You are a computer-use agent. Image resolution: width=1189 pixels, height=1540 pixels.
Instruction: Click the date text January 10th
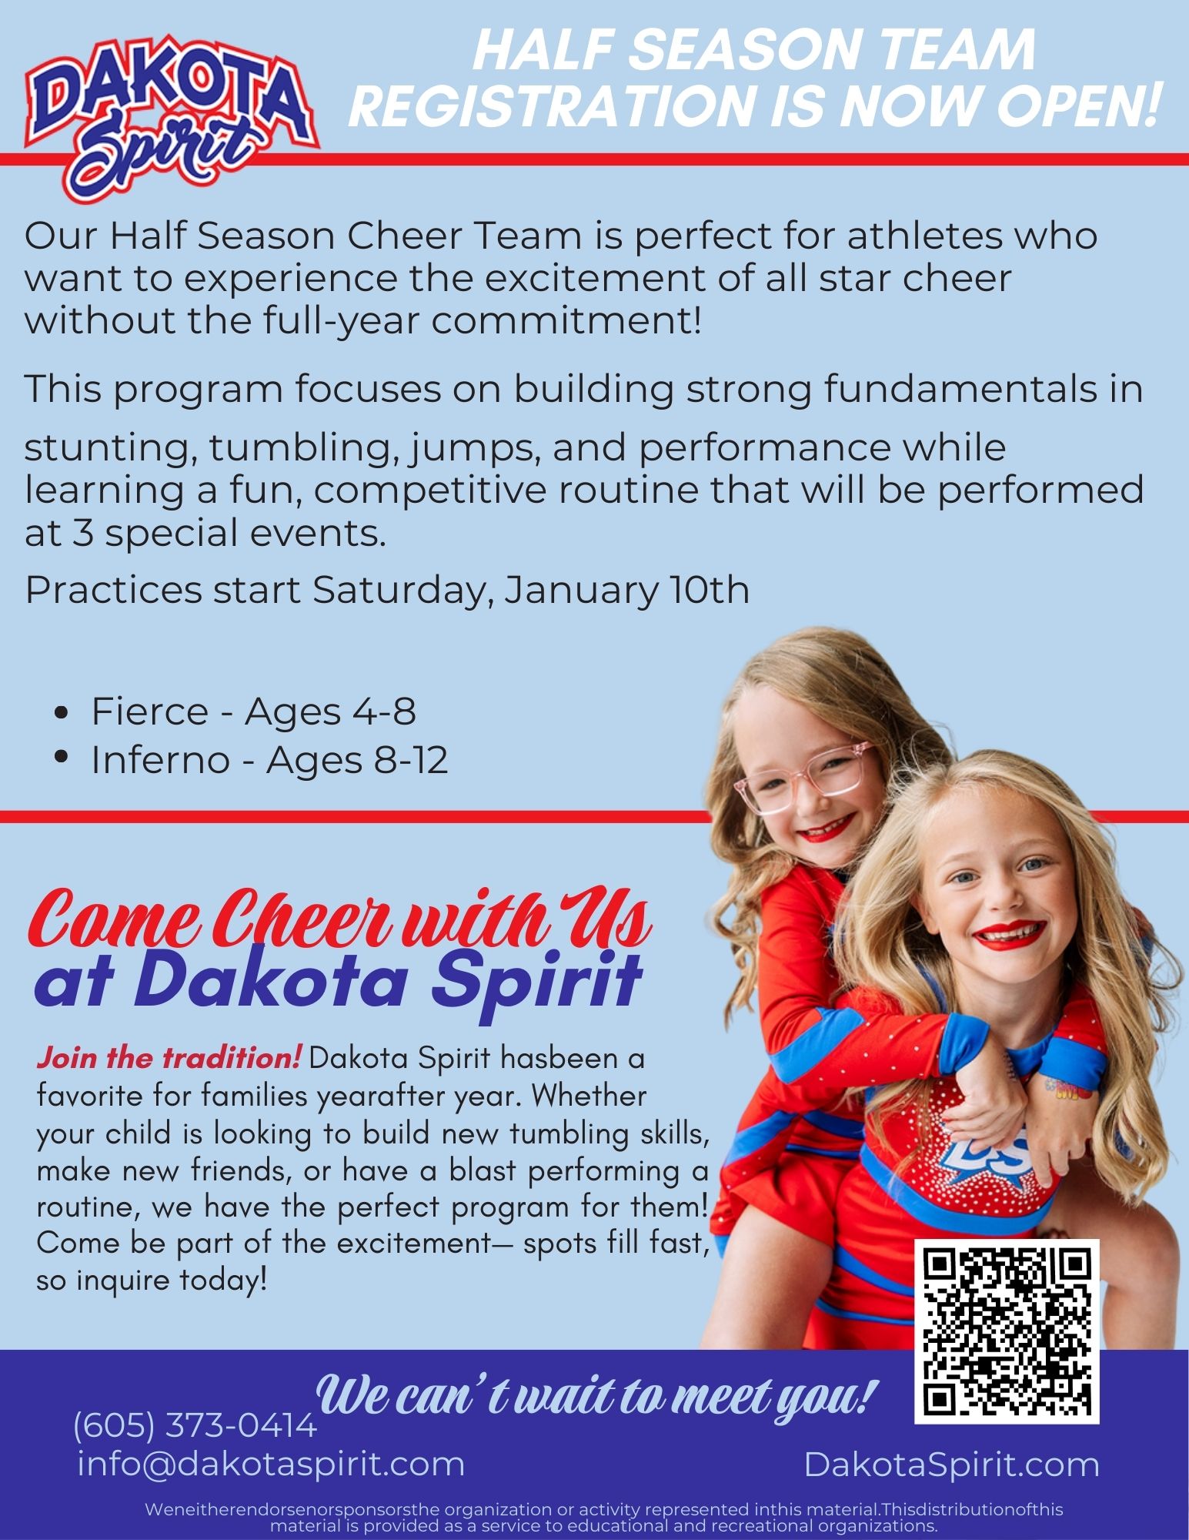[626, 591]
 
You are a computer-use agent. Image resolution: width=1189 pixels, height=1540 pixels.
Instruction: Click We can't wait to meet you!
[595, 1394]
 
